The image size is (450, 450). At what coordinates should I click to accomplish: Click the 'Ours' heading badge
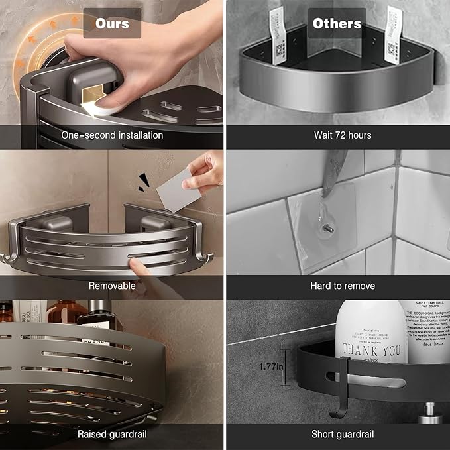tap(112, 23)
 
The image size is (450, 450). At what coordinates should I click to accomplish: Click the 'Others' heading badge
tap(337, 23)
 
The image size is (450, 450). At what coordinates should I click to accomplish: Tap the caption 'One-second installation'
tap(112, 135)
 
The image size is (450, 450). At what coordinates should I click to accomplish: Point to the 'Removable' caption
tap(112, 286)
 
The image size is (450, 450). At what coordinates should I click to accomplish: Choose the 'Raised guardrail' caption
tap(112, 434)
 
